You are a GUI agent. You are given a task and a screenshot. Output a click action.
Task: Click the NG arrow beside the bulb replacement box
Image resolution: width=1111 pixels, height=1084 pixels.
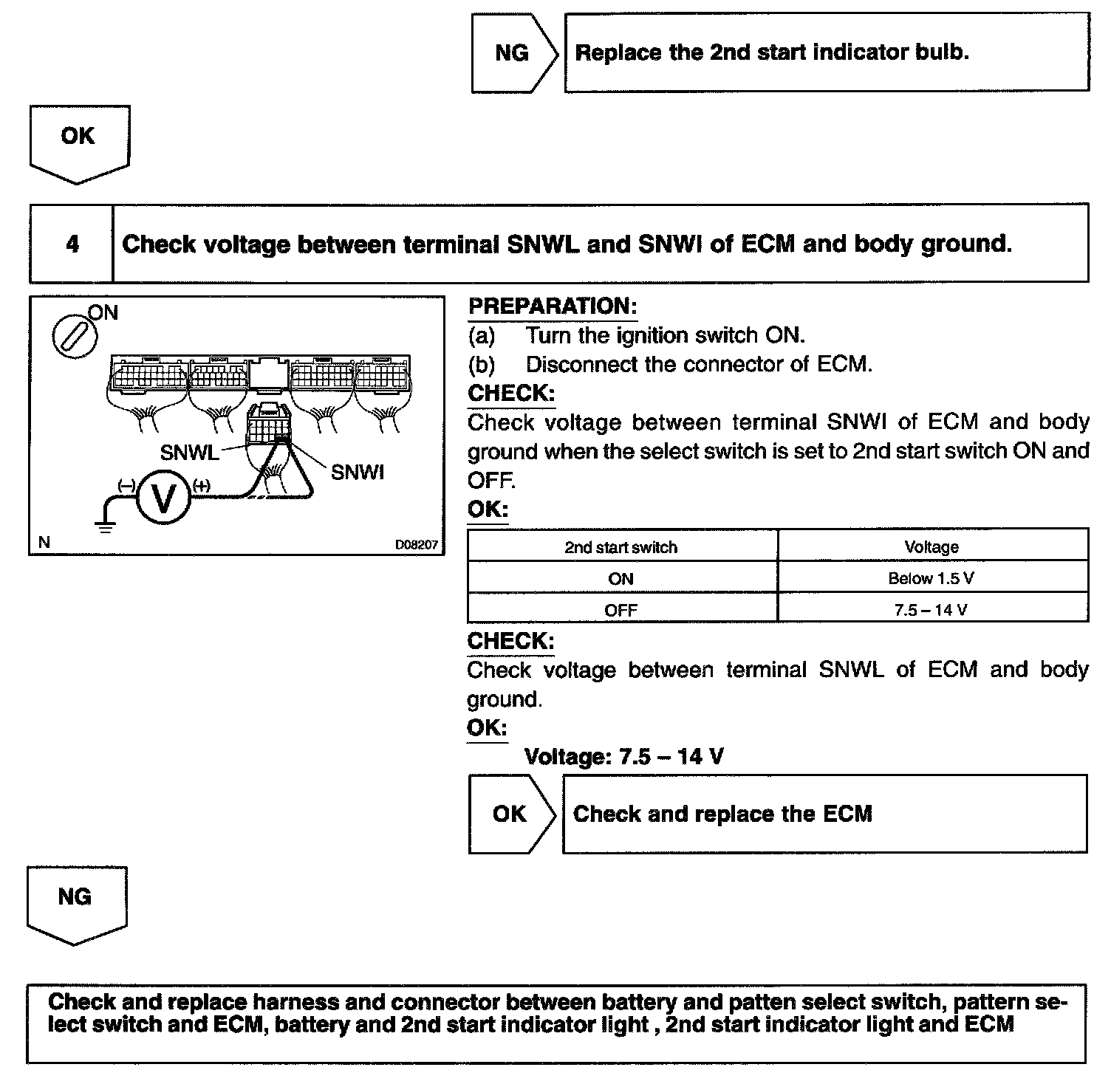coord(513,53)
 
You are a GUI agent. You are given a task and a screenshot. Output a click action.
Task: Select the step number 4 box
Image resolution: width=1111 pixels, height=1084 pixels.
coord(72,244)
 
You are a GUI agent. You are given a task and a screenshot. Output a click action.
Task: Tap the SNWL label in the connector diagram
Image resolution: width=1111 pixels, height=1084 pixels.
coord(189,453)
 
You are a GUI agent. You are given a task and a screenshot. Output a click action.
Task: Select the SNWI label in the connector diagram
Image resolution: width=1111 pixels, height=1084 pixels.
coord(358,473)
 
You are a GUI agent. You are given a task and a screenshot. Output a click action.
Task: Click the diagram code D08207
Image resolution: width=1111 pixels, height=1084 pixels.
coord(417,545)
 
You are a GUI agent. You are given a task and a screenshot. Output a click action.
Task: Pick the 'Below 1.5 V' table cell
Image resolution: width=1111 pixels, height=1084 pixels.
coord(931,578)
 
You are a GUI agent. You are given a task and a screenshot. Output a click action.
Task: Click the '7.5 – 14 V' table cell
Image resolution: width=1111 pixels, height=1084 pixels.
coord(931,610)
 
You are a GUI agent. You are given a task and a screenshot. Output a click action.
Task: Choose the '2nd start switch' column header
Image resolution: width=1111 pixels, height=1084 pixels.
coord(621,547)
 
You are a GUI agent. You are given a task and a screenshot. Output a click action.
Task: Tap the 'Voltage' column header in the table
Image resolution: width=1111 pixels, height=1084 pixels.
coord(931,547)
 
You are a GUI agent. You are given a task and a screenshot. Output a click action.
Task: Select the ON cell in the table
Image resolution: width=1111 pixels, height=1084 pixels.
coord(621,578)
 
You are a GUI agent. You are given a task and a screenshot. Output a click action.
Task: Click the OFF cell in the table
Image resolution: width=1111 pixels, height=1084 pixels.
coord(621,610)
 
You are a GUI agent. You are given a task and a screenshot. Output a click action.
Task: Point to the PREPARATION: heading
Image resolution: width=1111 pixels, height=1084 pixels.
coord(553,306)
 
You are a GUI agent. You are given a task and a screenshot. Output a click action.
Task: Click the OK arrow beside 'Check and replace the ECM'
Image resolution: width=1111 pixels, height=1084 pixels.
coord(510,814)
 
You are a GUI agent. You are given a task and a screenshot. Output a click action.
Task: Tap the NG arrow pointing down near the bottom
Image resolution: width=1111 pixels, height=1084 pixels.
coord(75,902)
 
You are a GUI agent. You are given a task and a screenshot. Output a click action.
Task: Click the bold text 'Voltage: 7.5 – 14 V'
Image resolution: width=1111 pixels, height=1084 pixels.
coord(623,757)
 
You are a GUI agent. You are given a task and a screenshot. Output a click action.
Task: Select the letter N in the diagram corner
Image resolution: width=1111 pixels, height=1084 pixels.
coord(44,543)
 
